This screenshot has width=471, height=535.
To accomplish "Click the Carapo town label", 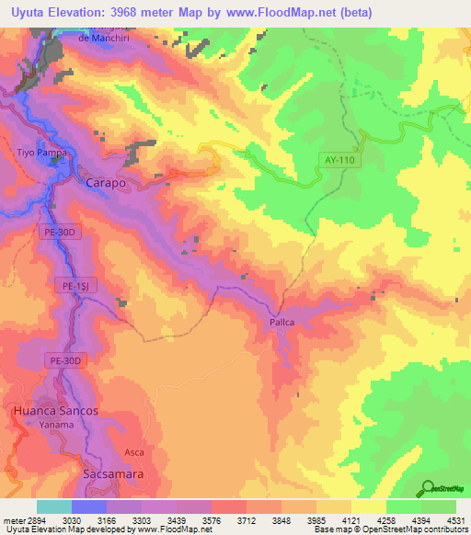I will [105, 183].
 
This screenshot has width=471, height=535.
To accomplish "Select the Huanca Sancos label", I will [55, 410].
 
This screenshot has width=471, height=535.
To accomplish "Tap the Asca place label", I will [134, 453].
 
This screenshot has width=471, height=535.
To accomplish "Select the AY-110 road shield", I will [339, 160].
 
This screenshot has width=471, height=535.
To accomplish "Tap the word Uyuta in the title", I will [27, 9].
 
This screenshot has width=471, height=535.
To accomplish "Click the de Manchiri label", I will [100, 38].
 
